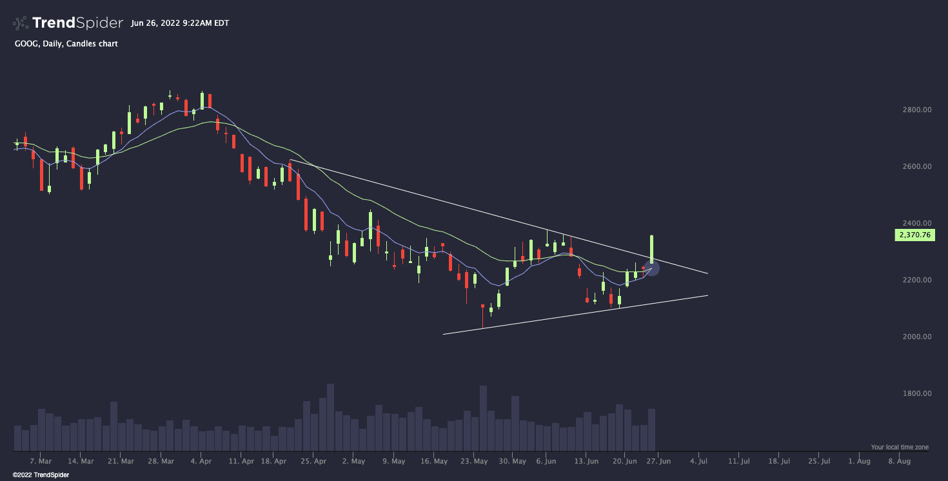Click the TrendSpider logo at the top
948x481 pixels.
[x=68, y=23]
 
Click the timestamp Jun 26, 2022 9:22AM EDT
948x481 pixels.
[x=179, y=23]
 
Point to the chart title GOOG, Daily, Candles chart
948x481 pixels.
[x=66, y=44]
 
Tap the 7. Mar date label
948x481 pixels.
[x=41, y=462]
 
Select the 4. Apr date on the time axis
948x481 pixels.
[x=201, y=462]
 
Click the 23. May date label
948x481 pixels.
[x=475, y=462]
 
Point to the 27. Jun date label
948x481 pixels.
[x=659, y=462]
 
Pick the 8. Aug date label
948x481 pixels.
[x=899, y=462]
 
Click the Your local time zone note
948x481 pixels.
[x=900, y=447]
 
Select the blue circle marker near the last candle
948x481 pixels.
[x=652, y=268]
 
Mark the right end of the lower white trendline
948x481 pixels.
[x=707, y=295]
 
